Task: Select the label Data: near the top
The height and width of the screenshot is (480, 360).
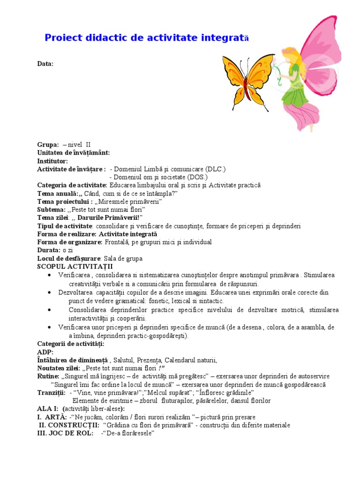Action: tap(45, 63)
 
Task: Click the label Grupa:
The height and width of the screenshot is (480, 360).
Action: tap(48, 145)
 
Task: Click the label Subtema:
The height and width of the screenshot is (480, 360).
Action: tap(52, 210)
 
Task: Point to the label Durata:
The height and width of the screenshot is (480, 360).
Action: tap(49, 250)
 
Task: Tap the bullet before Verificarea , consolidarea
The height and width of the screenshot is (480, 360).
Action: tap(49, 275)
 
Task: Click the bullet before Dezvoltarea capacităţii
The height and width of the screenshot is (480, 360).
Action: tap(49, 292)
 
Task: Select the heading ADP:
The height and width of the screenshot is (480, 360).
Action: tap(45, 352)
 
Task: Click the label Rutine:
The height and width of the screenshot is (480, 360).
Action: tap(48, 376)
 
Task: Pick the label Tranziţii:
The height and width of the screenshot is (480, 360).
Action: tap(51, 392)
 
